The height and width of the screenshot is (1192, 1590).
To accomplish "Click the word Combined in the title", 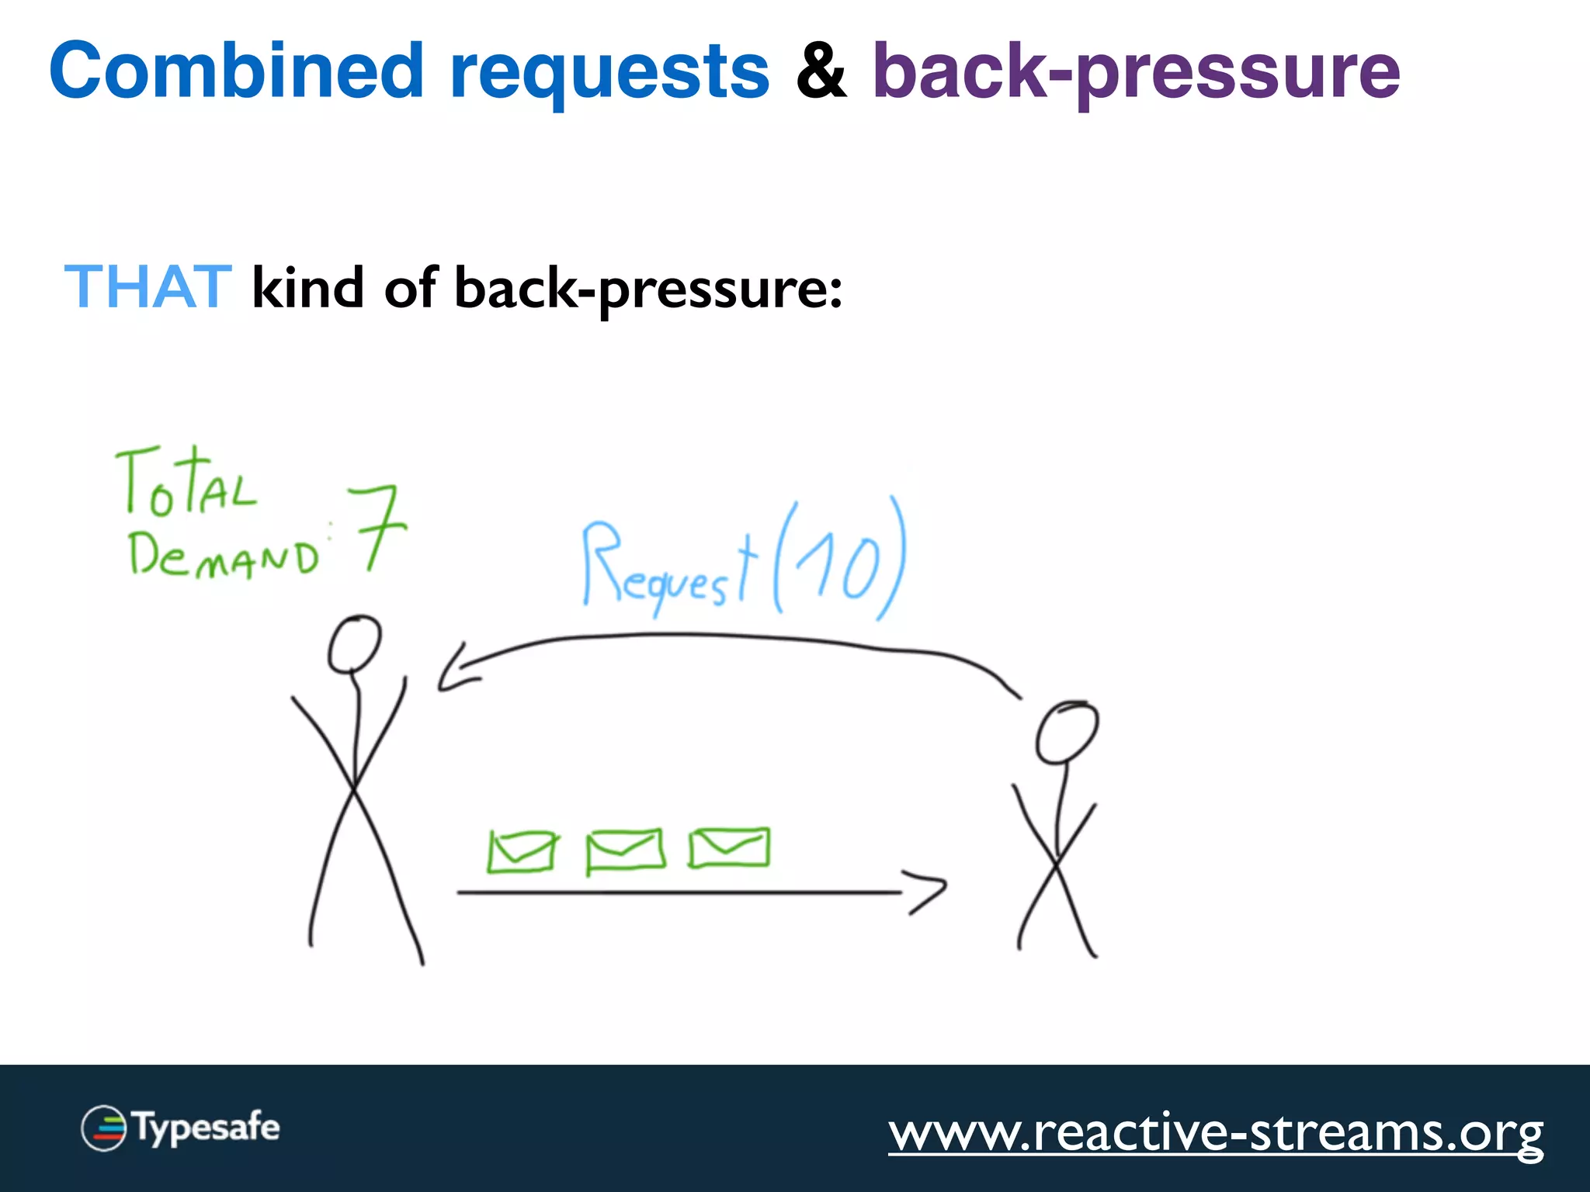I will click(x=236, y=71).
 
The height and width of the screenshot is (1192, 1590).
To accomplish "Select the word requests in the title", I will click(x=609, y=74).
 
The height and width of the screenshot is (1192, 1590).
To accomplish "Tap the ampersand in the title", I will click(x=821, y=71).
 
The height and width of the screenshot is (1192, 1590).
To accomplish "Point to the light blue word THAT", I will click(x=148, y=287).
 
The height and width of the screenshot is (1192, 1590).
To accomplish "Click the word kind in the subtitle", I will click(x=307, y=288).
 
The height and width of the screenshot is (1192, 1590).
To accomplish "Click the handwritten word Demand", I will click(x=224, y=556).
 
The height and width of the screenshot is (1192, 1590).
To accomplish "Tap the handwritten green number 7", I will click(x=377, y=528).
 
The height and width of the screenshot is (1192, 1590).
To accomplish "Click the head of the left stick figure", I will click(x=354, y=644).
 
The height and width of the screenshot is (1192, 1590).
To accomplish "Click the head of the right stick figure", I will click(x=1067, y=732).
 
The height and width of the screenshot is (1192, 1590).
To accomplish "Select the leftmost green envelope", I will click(x=521, y=851).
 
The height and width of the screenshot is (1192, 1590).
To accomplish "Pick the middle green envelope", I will click(x=625, y=851).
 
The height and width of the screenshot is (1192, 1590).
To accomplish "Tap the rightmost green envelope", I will click(x=729, y=847).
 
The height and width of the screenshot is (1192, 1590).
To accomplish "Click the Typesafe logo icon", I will click(x=104, y=1128).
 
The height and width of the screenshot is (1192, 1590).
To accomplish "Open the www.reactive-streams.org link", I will click(x=1216, y=1133).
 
